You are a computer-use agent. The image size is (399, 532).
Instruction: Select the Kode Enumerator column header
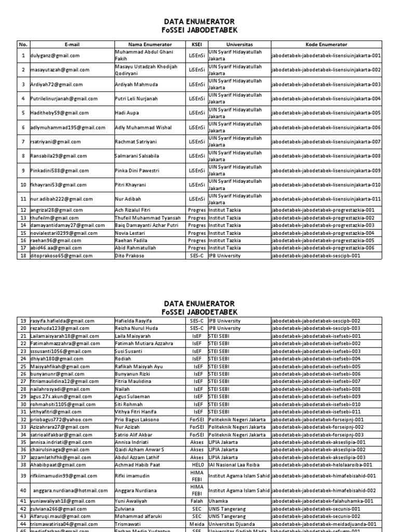pos(327,45)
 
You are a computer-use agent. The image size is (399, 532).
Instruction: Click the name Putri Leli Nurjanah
pos(137,99)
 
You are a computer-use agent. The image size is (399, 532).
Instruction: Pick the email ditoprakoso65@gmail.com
pos(49,256)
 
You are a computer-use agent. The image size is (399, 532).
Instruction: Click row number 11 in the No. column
pos(23,199)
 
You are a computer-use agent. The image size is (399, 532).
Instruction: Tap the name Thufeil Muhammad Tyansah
pos(148,218)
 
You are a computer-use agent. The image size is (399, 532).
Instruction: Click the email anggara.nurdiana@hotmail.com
pos(70,490)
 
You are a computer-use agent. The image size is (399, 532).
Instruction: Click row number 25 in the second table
pos(23,366)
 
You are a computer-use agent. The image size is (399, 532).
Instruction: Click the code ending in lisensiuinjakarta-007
pos(326,142)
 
